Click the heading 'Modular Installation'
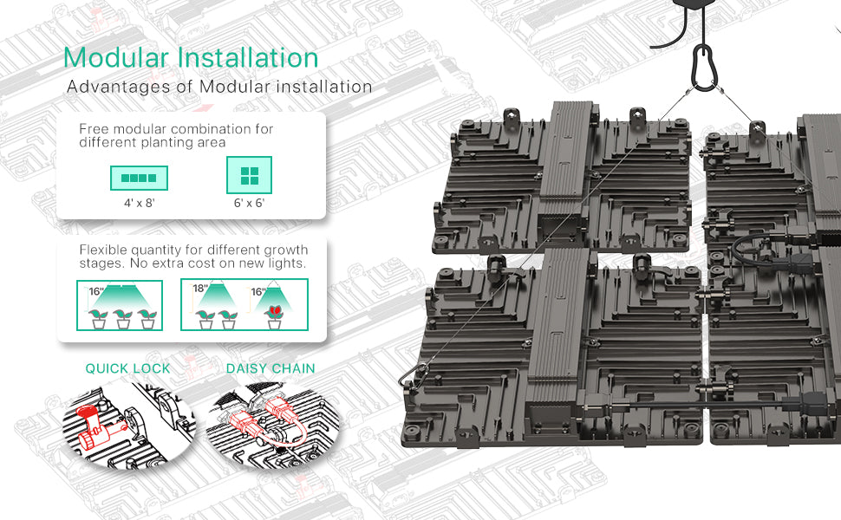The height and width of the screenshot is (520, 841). click(x=191, y=58)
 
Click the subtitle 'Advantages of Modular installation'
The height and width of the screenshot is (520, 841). click(x=219, y=87)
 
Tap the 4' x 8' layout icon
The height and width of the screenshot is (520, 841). click(x=139, y=178)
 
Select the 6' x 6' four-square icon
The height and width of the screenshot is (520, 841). click(x=250, y=175)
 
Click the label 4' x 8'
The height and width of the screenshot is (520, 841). click(x=140, y=203)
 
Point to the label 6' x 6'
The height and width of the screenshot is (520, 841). click(x=250, y=203)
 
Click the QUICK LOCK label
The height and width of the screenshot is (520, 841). click(x=127, y=369)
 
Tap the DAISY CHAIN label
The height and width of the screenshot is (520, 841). click(x=271, y=369)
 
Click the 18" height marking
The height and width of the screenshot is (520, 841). click(x=200, y=289)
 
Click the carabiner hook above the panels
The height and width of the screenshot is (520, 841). click(x=703, y=67)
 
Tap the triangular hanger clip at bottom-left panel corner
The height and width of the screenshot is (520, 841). click(x=413, y=375)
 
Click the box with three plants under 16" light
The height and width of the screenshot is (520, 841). click(x=120, y=305)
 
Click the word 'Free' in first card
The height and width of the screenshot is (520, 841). click(x=94, y=129)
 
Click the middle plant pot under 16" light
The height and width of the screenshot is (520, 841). click(x=123, y=320)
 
